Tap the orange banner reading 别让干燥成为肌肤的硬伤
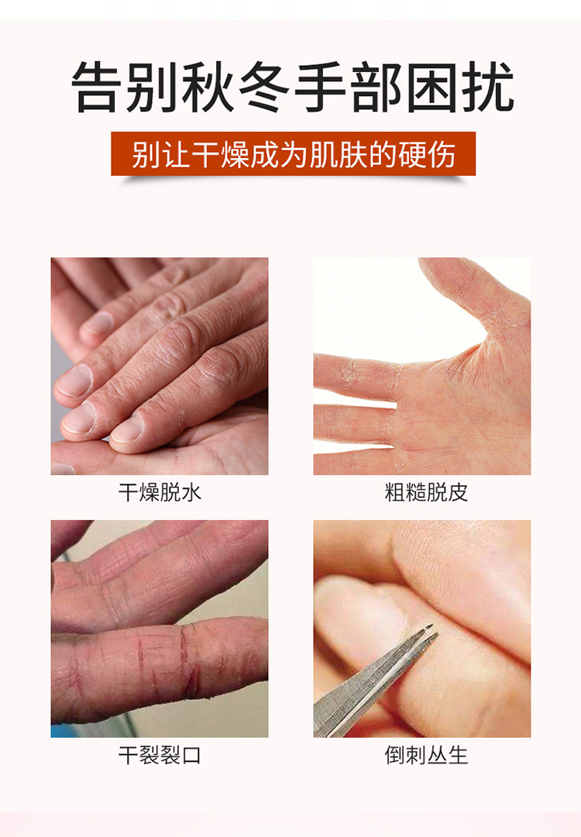pyautogui.click(x=293, y=153)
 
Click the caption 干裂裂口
pyautogui.click(x=160, y=756)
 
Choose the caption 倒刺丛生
pyautogui.click(x=426, y=756)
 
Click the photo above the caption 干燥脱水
pyautogui.click(x=160, y=366)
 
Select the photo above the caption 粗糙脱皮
pyautogui.click(x=422, y=366)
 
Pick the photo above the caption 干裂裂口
pyautogui.click(x=160, y=629)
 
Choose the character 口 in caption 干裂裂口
pyautogui.click(x=191, y=756)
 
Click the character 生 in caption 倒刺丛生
pyautogui.click(x=458, y=756)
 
